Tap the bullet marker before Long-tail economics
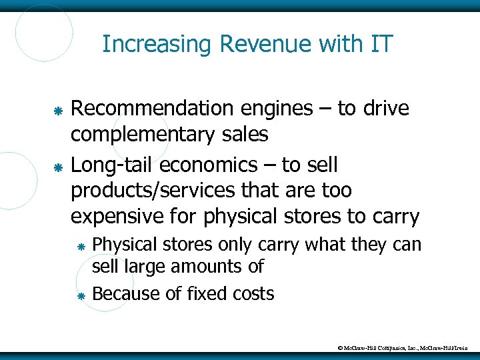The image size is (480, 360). [x=58, y=164]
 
